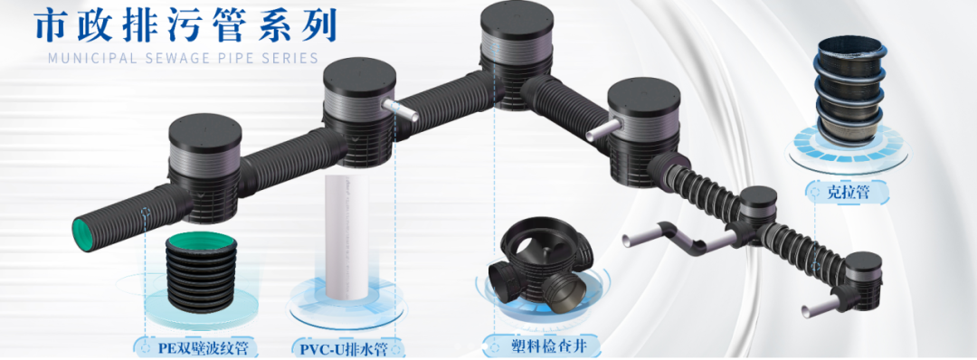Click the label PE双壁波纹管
tap(204, 347)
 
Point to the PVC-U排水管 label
tap(349, 347)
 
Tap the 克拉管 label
tap(849, 192)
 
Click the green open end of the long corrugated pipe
tap(87, 234)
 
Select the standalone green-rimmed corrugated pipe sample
tap(201, 271)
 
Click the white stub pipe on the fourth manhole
tap(602, 129)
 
